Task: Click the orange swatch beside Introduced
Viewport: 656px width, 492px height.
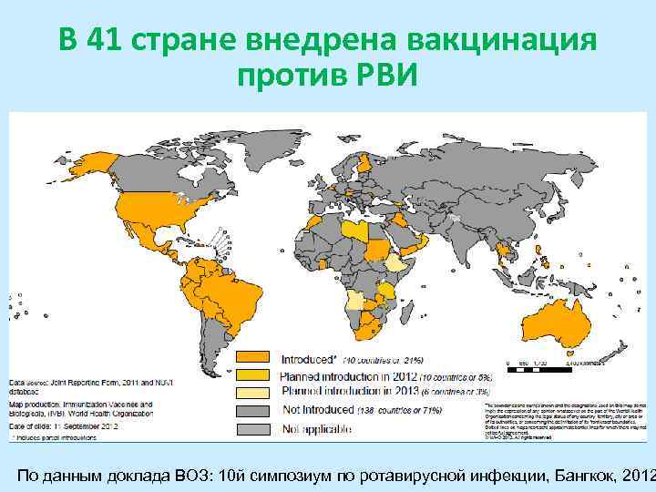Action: point(255,358)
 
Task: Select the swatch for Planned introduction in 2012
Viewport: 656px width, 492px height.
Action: point(255,375)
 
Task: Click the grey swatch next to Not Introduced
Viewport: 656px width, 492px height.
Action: point(255,410)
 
